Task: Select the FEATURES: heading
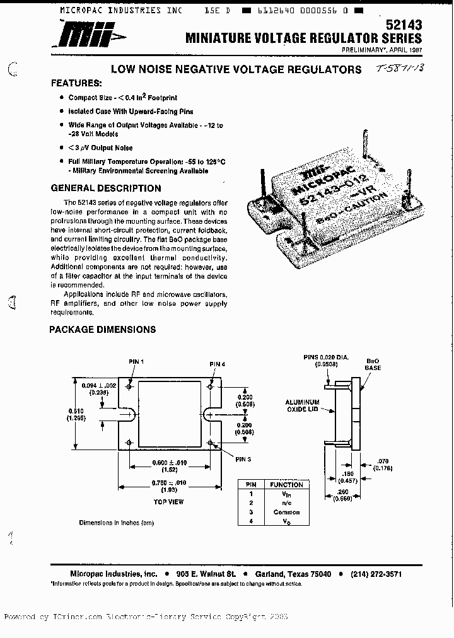(76, 83)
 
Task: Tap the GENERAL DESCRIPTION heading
(105, 188)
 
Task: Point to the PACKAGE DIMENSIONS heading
(103, 329)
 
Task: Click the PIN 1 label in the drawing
(136, 361)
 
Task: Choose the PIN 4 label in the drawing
(217, 364)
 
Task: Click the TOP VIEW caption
(168, 502)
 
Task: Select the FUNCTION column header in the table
(286, 484)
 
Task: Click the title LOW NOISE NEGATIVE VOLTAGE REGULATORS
(236, 69)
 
